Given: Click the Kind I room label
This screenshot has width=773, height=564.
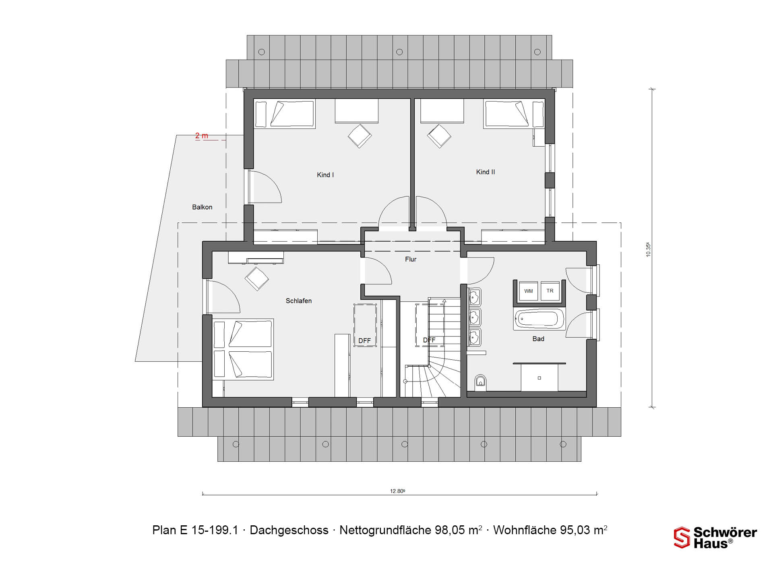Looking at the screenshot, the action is pos(325,175).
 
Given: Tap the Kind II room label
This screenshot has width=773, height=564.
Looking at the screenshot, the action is pos(486,172).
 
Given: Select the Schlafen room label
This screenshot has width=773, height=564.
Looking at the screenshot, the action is pos(299,301).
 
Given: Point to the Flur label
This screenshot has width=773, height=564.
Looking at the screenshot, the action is pos(411,259).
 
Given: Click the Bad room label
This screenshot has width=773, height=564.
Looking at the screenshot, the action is pos(538,339).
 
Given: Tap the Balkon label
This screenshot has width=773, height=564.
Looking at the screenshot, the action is pos(202,207).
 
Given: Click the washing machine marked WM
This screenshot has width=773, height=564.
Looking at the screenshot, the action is pos(529,291).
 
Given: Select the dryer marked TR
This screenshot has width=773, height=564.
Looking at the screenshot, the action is pos(550,291).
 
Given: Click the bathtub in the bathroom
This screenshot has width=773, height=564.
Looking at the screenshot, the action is pos(539,319).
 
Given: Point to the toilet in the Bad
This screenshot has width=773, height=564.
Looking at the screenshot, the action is pos(480,382).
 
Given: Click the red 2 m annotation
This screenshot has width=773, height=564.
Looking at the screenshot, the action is pos(202,136).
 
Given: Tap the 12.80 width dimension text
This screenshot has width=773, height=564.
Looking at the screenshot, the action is pos(397,491).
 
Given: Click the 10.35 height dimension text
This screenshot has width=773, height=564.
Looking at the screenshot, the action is pos(648,249).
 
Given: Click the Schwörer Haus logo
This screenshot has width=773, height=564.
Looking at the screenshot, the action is pos(715,538).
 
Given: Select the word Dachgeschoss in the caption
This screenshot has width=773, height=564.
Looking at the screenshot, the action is pos(289,530).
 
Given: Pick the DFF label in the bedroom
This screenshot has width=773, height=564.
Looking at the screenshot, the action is pos(365,341).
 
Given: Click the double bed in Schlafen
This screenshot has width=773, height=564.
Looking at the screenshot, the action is pos(243,349).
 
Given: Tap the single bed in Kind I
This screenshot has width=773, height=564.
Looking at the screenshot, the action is pos(284,114).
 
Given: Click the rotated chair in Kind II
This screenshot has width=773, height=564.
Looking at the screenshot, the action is pos(439,136).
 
